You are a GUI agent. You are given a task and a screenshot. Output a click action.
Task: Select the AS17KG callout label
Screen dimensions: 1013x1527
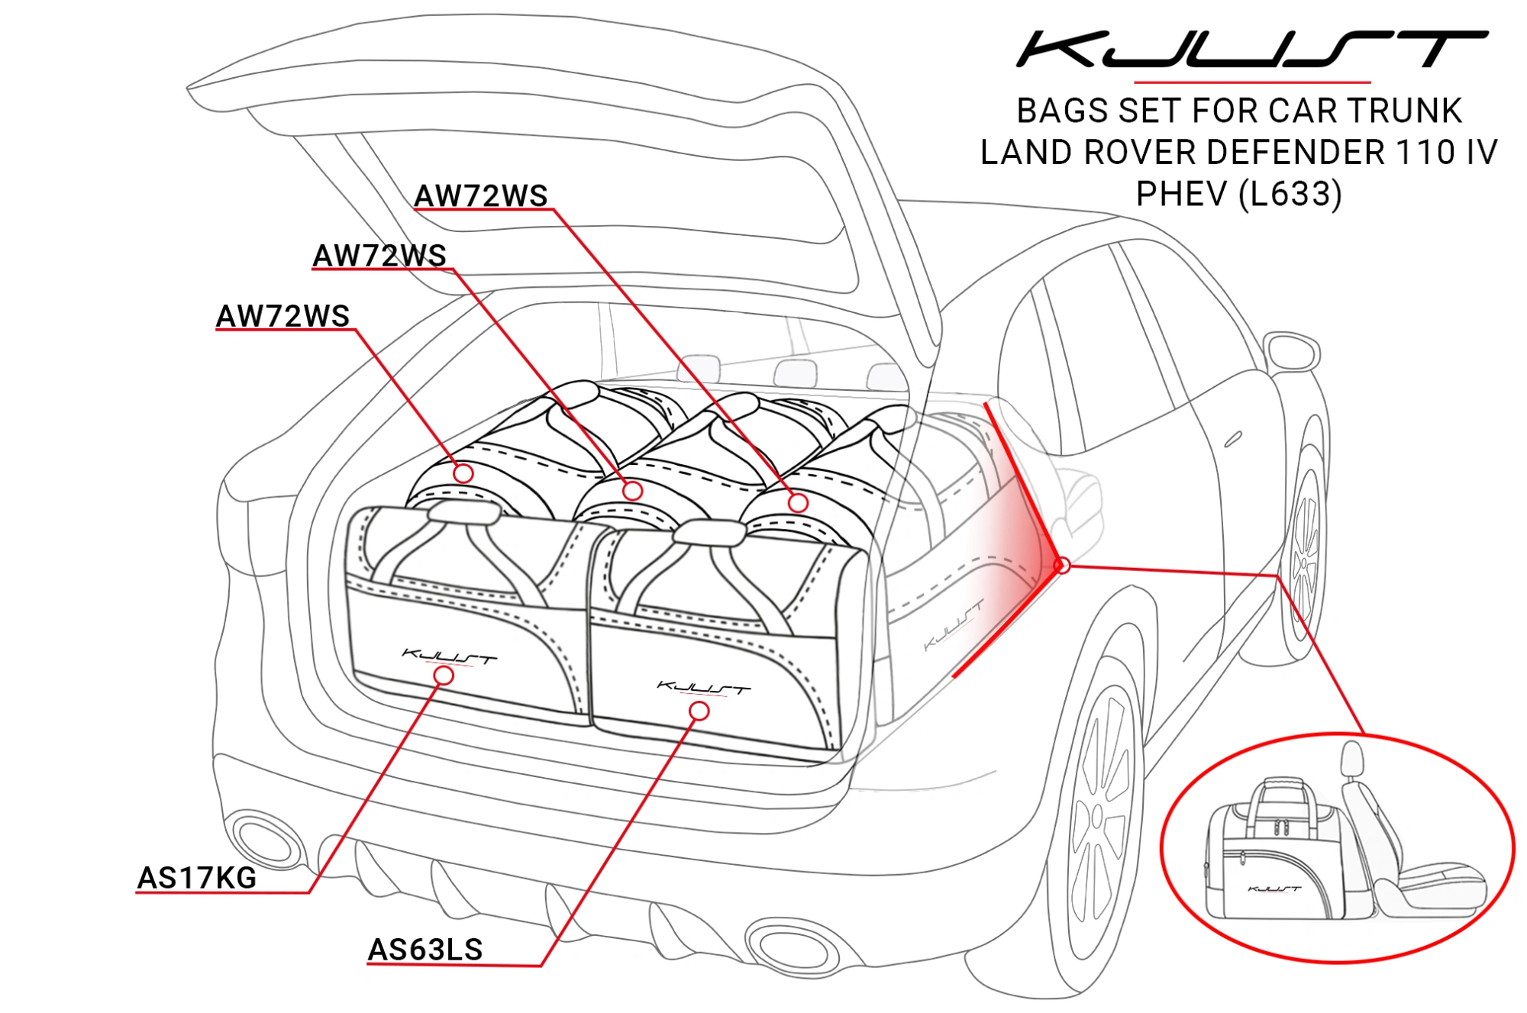click(x=197, y=878)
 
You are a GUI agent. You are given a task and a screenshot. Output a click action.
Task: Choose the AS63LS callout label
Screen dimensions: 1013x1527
click(x=425, y=950)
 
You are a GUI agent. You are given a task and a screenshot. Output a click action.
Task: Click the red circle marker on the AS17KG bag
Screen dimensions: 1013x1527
click(x=444, y=676)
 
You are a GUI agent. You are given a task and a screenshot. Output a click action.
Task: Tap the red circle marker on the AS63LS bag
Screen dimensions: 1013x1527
click(x=699, y=711)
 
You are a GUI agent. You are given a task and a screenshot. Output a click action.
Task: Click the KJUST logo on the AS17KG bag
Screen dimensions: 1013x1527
click(x=449, y=657)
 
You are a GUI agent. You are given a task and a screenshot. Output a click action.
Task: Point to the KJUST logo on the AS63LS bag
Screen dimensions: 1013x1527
click(x=704, y=688)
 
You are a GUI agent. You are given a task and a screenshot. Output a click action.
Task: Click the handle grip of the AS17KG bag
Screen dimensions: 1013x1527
click(x=463, y=512)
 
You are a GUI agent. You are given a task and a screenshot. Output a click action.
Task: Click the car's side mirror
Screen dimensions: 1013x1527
click(x=1291, y=352)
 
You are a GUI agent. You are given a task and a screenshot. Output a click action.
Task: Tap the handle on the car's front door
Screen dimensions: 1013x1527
click(x=1233, y=439)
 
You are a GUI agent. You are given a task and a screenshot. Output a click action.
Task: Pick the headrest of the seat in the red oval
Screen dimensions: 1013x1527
click(x=1352, y=760)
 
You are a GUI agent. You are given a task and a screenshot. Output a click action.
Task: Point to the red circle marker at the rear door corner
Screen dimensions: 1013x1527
click(x=1062, y=566)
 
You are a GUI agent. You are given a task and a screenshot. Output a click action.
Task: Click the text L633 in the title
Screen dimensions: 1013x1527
click(x=1290, y=195)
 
